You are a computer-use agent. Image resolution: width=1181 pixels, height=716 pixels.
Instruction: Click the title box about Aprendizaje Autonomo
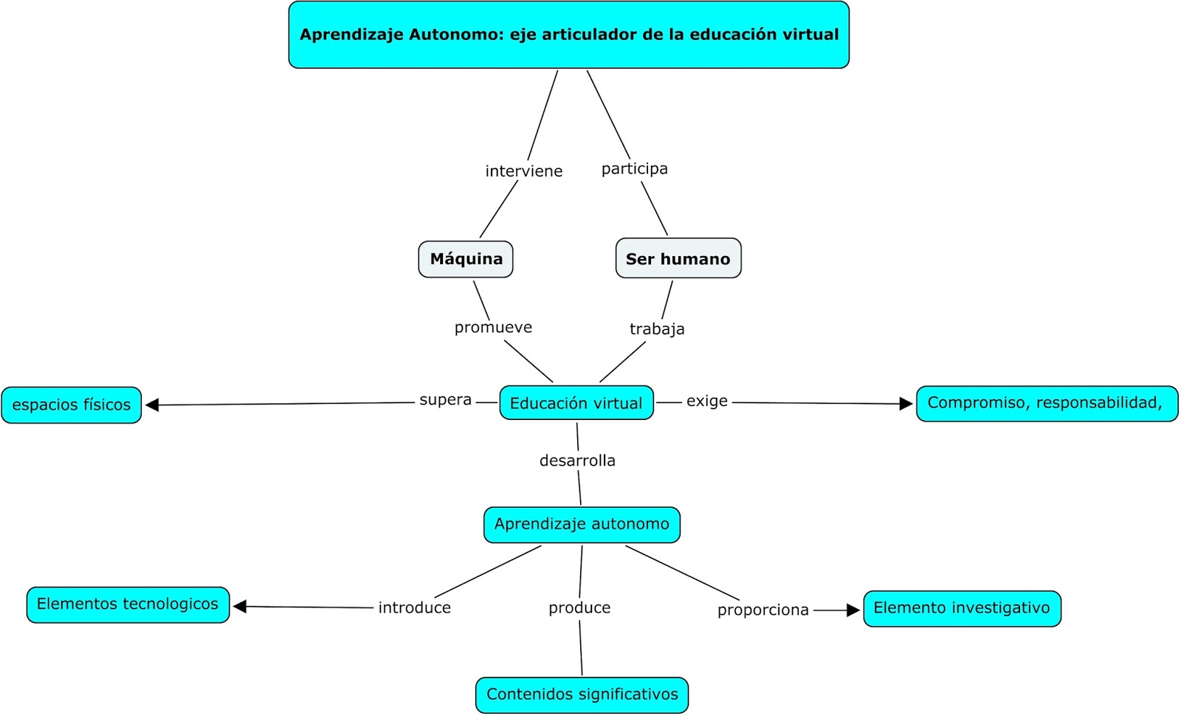[568, 35]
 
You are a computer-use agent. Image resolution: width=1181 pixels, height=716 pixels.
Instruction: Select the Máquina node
[466, 259]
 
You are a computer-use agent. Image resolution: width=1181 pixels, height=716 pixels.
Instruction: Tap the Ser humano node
[678, 259]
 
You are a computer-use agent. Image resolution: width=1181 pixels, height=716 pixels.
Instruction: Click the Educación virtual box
[576, 403]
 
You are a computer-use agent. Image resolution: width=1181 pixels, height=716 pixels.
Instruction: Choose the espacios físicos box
[71, 405]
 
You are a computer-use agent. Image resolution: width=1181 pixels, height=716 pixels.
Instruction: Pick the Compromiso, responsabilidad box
[1046, 403]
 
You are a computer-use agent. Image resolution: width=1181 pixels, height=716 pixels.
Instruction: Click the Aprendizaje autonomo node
[582, 524]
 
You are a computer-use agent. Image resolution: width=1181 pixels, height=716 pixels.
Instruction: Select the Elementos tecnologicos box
[128, 605]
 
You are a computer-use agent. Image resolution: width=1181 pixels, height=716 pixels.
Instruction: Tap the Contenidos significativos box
[582, 695]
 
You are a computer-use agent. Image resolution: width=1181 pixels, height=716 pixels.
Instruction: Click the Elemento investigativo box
[962, 608]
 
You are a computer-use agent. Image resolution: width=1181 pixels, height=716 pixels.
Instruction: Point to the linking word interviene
[523, 171]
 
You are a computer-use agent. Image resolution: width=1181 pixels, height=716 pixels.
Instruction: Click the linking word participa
[634, 168]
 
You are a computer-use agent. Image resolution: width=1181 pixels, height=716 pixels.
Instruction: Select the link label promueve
[493, 327]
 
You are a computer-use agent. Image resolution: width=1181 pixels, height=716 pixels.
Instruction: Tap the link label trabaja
[657, 328]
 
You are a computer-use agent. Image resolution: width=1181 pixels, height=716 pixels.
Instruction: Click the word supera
[445, 400]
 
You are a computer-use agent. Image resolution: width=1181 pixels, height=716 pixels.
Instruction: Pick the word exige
[706, 401]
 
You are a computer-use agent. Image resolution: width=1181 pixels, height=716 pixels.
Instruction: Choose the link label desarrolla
[577, 461]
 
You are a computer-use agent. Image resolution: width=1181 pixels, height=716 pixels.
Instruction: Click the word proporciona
[762, 610]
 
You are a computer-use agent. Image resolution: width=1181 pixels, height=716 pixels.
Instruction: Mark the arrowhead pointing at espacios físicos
[153, 405]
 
